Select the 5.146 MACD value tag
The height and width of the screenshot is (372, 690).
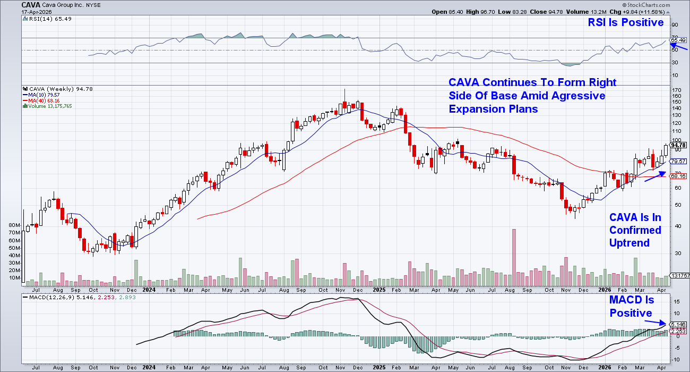coord(678,324)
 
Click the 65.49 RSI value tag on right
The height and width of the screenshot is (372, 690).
coord(678,40)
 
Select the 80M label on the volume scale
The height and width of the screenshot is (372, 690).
coord(15,225)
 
